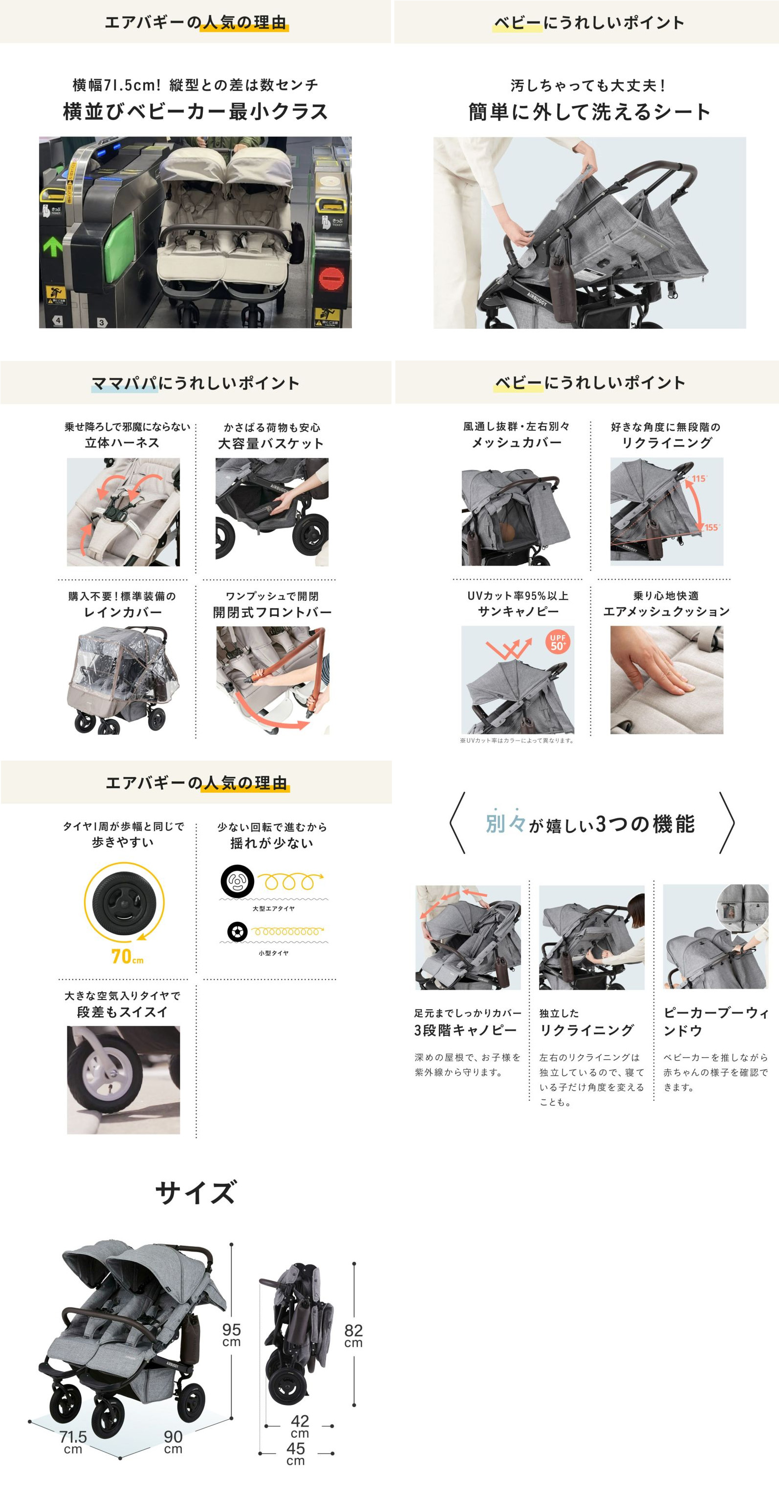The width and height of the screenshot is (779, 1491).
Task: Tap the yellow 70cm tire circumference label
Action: pyautogui.click(x=128, y=956)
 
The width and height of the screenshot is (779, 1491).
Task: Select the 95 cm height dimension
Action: pyautogui.click(x=231, y=1335)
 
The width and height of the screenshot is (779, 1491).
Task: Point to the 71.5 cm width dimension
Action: pyautogui.click(x=73, y=1442)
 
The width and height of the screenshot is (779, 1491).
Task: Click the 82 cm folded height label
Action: pyautogui.click(x=353, y=1336)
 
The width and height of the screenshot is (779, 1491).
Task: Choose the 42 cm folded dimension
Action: pyautogui.click(x=300, y=1426)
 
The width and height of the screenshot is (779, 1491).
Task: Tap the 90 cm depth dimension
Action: pyautogui.click(x=173, y=1442)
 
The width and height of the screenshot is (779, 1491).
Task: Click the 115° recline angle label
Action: pyautogui.click(x=699, y=479)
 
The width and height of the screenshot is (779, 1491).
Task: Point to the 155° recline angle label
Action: pyautogui.click(x=712, y=527)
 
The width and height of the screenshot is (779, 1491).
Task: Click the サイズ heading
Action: pyautogui.click(x=196, y=1193)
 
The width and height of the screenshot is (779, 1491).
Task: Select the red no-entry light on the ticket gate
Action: pyautogui.click(x=331, y=279)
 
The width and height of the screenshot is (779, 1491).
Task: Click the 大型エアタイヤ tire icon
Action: pyautogui.click(x=237, y=881)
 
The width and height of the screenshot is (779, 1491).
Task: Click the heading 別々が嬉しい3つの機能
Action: pyautogui.click(x=590, y=823)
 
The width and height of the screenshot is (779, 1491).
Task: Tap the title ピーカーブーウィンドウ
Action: pyautogui.click(x=716, y=1022)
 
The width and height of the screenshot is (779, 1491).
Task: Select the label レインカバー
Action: pyautogui.click(x=123, y=612)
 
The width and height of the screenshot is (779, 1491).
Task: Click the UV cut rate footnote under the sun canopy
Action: pyautogui.click(x=517, y=740)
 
